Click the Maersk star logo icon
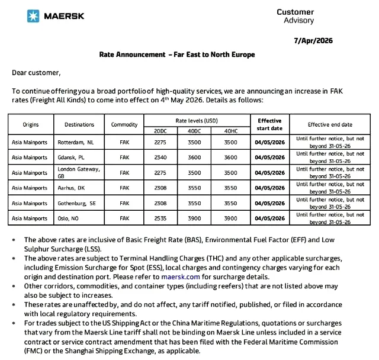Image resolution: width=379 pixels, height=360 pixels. pos(34,16)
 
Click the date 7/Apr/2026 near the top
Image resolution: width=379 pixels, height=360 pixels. pos(314,41)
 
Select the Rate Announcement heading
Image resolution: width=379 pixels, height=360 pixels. pos(177,54)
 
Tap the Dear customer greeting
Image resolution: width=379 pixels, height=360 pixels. pos(36,73)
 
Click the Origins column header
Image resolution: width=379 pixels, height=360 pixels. pos(31,125)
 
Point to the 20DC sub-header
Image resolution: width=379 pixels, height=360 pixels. pos(160,130)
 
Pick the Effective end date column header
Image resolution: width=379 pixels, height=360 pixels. pos(330,125)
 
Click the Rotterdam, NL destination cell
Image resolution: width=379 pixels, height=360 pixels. pos(75,142)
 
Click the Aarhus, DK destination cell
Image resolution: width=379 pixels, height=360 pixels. pos(72,188)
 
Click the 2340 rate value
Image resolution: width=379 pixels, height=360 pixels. pos(160,157)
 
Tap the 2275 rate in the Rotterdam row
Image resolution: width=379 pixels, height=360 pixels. pos(160,142)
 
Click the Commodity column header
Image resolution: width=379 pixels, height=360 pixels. pos(124,125)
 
